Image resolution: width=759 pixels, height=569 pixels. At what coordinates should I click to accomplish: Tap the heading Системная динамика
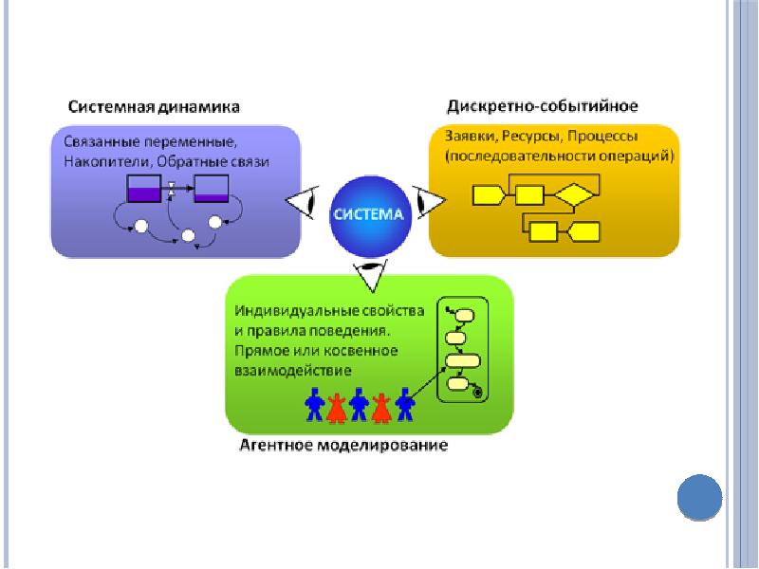pyautogui.click(x=153, y=106)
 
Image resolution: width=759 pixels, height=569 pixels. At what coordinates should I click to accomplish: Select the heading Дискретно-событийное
pyautogui.click(x=543, y=105)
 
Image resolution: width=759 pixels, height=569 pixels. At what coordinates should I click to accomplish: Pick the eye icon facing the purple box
pyautogui.click(x=304, y=201)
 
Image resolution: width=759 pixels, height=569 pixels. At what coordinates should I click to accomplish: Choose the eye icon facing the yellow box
pyautogui.click(x=430, y=201)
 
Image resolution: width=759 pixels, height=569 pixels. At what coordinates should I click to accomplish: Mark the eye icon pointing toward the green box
pyautogui.click(x=368, y=275)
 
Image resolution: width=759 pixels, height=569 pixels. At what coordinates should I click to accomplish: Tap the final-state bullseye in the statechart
pyautogui.click(x=477, y=391)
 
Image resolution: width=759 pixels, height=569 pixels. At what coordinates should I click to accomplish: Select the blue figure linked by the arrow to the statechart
pyautogui.click(x=405, y=403)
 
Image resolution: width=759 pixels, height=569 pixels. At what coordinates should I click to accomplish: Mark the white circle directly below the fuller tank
pyautogui.click(x=141, y=226)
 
